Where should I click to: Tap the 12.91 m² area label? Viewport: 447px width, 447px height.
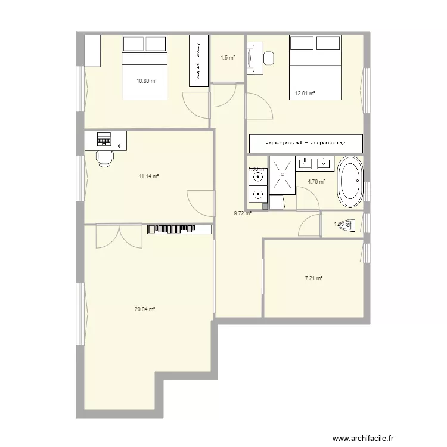(x=305, y=93)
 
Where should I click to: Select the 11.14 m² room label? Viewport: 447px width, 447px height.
(x=148, y=176)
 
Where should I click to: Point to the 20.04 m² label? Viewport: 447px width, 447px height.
(x=145, y=309)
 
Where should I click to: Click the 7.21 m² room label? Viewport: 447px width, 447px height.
(x=313, y=278)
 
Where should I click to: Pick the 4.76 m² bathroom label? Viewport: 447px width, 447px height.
(x=316, y=182)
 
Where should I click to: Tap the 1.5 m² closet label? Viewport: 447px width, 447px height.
(x=227, y=58)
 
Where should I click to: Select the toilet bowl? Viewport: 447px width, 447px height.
(x=352, y=225)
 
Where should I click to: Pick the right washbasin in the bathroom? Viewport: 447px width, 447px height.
(x=325, y=163)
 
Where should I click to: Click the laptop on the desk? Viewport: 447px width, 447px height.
(x=105, y=139)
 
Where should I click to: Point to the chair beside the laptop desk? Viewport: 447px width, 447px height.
(x=105, y=158)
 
